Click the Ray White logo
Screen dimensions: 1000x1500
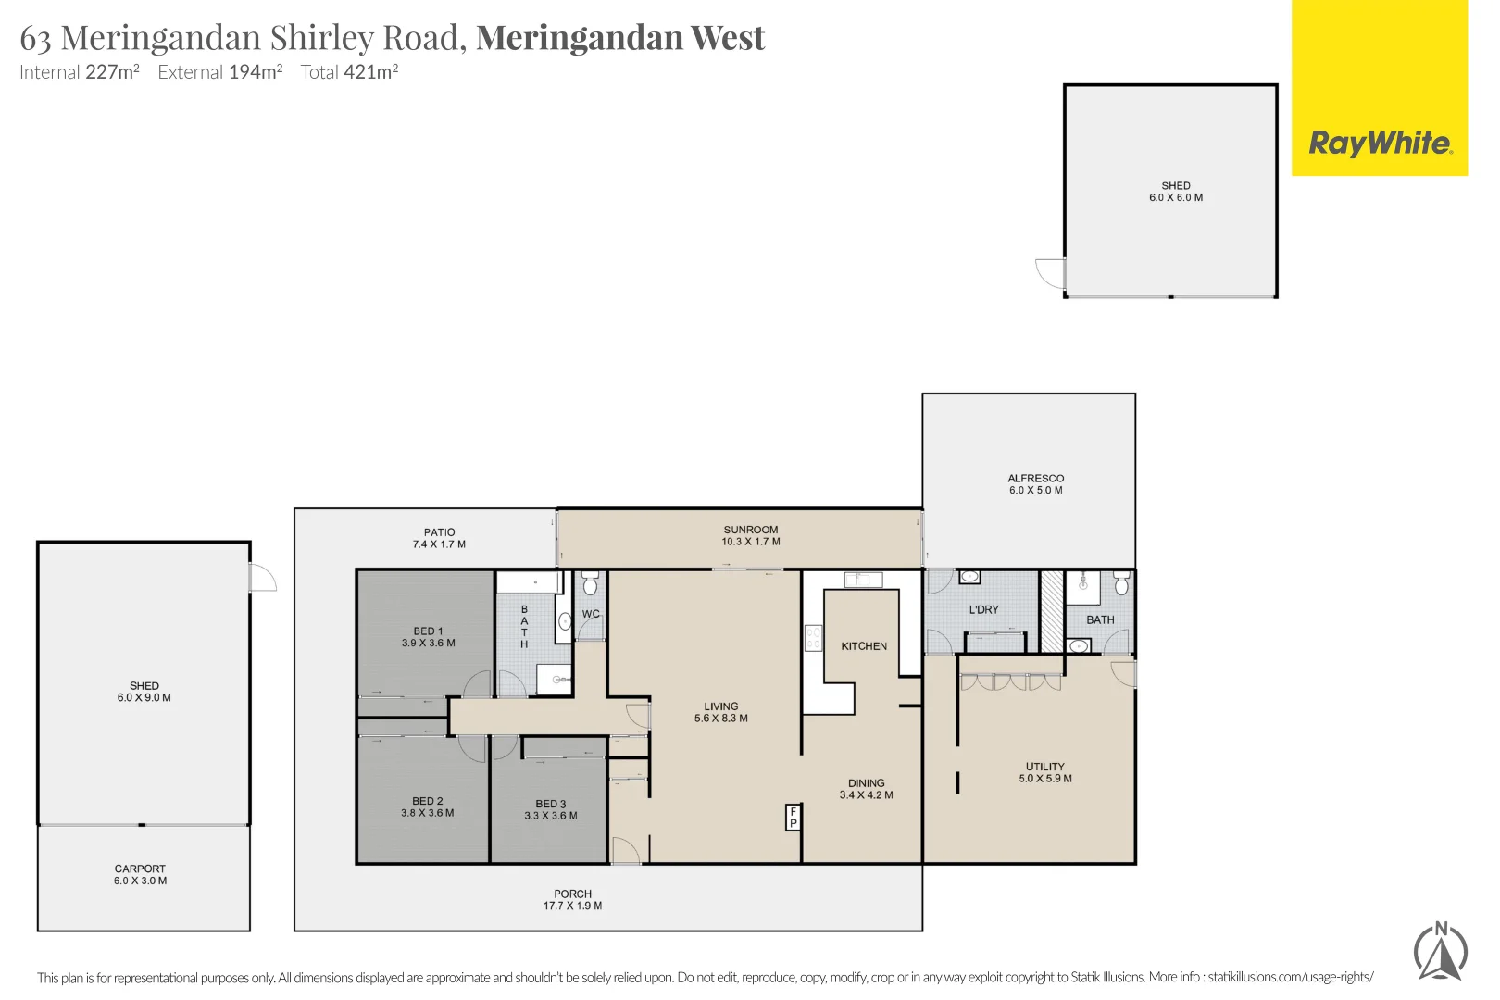click(1380, 144)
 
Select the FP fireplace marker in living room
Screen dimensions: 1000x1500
click(793, 817)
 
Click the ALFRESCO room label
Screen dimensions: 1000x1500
click(1035, 479)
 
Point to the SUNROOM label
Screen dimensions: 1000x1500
click(751, 530)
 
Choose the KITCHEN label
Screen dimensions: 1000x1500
click(864, 646)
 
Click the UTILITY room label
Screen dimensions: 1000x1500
click(1044, 767)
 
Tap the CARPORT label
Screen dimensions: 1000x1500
click(140, 869)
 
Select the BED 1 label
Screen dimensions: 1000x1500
click(428, 631)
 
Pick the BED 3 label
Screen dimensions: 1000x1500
click(550, 804)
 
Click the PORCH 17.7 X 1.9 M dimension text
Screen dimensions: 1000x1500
click(572, 906)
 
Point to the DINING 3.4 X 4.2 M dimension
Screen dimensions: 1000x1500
click(866, 794)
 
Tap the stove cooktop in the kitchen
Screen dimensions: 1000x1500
click(813, 638)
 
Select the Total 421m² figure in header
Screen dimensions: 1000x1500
click(349, 72)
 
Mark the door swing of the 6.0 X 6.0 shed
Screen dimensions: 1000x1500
click(1051, 273)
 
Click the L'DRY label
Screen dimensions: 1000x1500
click(983, 610)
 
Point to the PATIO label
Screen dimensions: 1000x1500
click(439, 532)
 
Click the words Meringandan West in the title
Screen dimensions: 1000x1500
click(620, 38)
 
